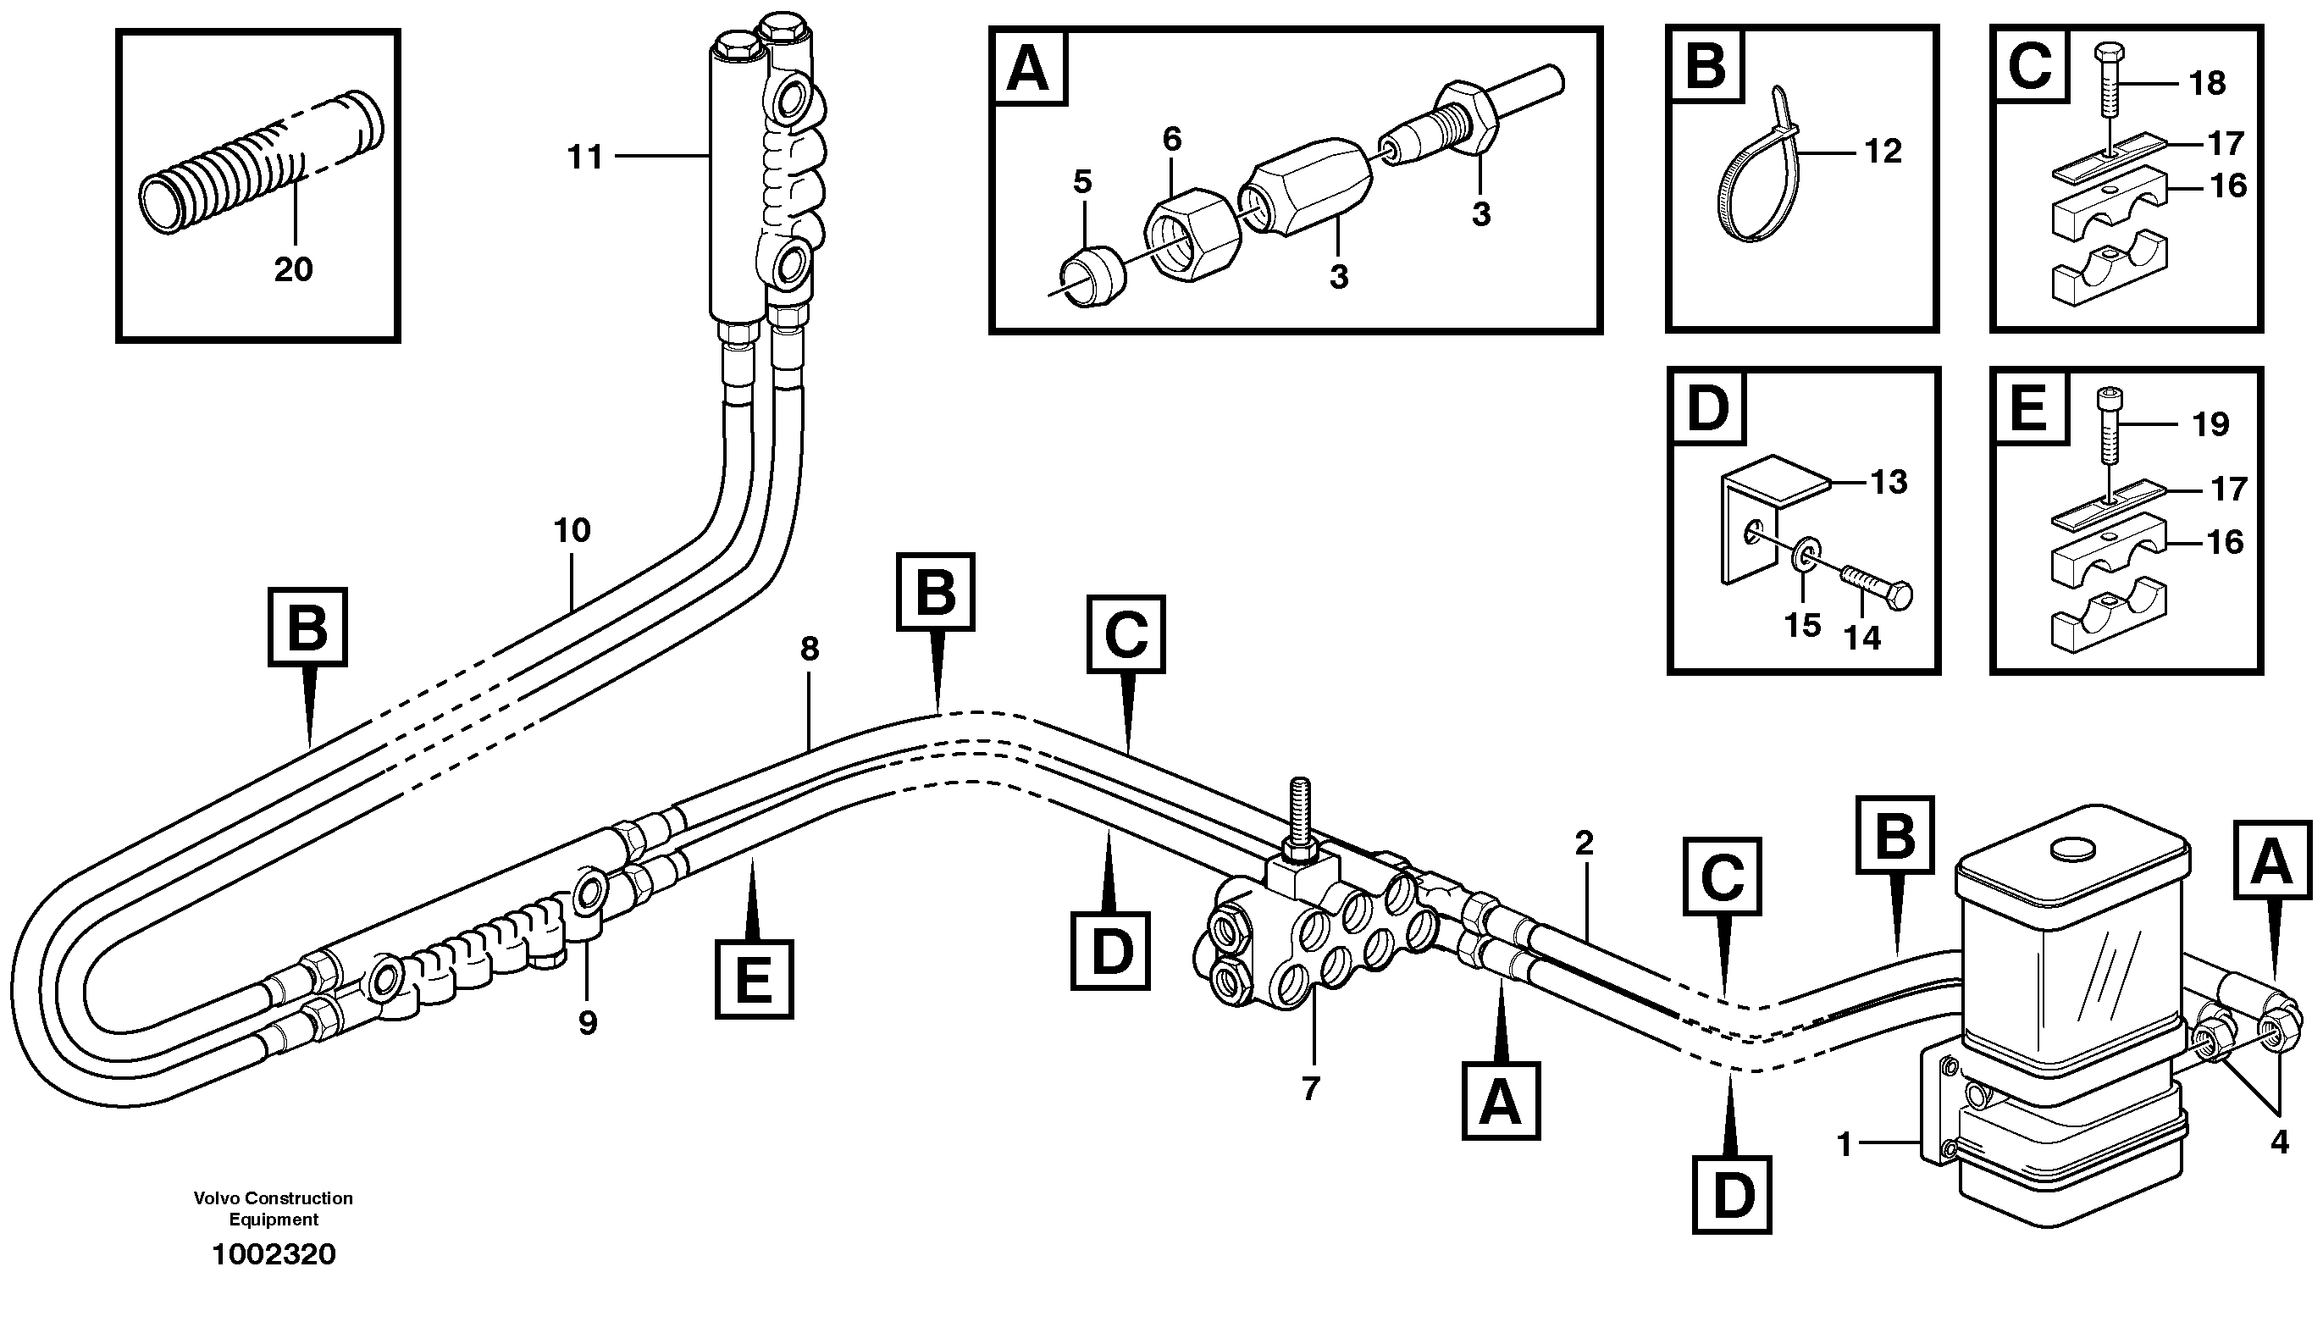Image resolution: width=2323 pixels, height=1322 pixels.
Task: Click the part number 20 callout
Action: tap(293, 268)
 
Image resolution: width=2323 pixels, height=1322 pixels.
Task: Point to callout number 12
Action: tap(1883, 151)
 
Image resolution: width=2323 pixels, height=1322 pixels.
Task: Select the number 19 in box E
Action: tap(2210, 424)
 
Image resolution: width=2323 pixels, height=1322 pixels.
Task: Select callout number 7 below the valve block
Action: tap(1310, 1088)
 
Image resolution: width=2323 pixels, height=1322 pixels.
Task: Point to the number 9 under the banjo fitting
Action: tap(588, 1023)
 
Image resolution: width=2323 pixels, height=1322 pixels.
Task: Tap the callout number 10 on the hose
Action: tap(572, 530)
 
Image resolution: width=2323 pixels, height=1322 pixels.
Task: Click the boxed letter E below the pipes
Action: tap(754, 980)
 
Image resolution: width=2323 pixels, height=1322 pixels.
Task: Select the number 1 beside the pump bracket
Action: tap(1844, 1146)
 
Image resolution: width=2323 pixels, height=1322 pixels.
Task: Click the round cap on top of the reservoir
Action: tap(2072, 848)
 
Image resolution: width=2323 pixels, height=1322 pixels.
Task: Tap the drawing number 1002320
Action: tap(274, 1255)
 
